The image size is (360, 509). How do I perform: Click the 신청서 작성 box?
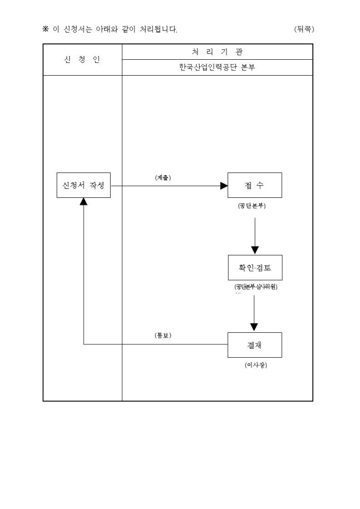pyautogui.click(x=84, y=186)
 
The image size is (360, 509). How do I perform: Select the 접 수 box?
pyautogui.click(x=255, y=186)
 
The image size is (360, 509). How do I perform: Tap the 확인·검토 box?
pyautogui.click(x=255, y=268)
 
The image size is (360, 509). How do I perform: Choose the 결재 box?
pyautogui.click(x=255, y=345)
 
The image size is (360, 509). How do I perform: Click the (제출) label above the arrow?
pyautogui.click(x=163, y=178)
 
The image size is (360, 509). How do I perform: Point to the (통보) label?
pyautogui.click(x=163, y=335)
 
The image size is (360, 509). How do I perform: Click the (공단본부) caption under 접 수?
pyautogui.click(x=253, y=206)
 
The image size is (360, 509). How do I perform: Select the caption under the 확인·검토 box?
pyautogui.click(x=256, y=287)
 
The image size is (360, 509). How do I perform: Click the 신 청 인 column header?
pyautogui.click(x=82, y=59)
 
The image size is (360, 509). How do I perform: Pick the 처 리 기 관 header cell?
pyautogui.click(x=217, y=51)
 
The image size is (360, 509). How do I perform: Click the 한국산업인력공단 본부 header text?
pyautogui.click(x=217, y=67)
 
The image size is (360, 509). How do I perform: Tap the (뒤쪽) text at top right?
pyautogui.click(x=304, y=29)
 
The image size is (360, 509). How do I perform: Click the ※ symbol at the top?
pyautogui.click(x=46, y=29)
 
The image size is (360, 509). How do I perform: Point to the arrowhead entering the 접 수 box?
pyautogui.click(x=224, y=186)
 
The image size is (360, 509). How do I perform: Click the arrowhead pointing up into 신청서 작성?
pyautogui.click(x=84, y=202)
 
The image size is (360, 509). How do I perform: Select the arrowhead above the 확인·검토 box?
pyautogui.click(x=255, y=250)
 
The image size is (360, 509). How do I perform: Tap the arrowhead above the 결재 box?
pyautogui.click(x=254, y=327)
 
